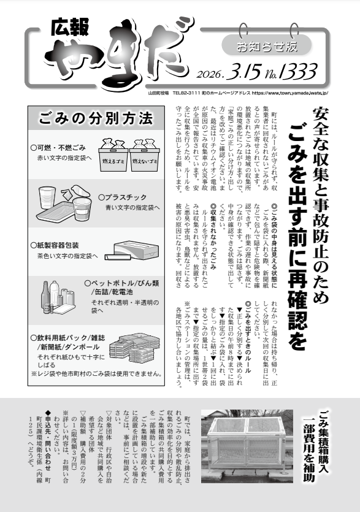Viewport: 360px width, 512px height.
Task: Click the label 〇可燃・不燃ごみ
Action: (61, 148)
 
